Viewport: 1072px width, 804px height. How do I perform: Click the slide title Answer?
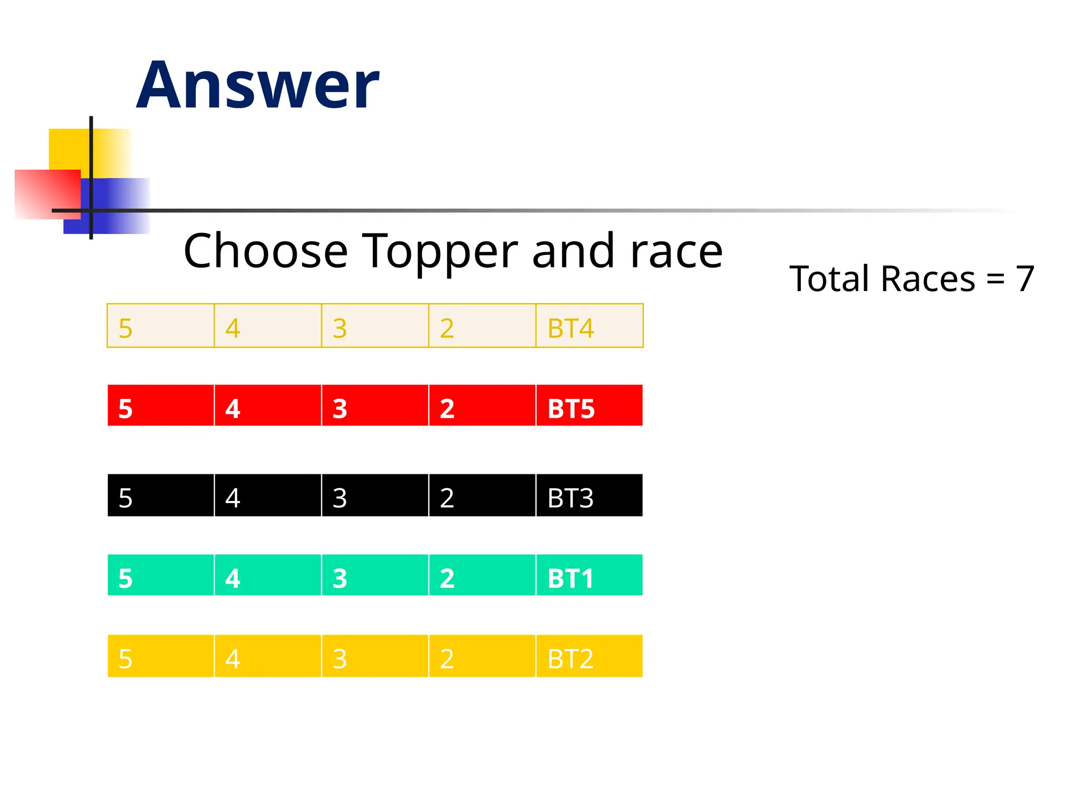point(258,85)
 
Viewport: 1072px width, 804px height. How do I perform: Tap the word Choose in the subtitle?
point(265,252)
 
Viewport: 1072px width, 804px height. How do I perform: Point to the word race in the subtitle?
point(676,252)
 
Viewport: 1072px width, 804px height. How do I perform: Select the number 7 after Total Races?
point(1025,278)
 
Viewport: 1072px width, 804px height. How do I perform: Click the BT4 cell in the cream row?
point(589,326)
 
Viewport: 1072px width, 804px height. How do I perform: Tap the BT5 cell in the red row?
point(589,406)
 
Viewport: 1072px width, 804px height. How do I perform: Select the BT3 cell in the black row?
point(589,495)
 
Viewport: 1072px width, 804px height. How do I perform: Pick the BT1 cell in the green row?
point(589,575)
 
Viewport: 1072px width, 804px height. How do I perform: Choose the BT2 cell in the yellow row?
point(589,656)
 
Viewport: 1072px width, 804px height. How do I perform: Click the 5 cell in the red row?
point(161,406)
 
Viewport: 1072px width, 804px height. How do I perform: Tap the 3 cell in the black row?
point(375,495)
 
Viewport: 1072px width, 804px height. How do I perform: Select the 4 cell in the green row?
point(267,575)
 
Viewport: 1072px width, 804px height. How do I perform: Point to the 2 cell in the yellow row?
point(482,656)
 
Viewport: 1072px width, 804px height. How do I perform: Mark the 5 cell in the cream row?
point(161,326)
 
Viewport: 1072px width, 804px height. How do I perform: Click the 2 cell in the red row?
point(482,406)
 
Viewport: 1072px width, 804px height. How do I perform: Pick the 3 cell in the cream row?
point(375,326)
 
